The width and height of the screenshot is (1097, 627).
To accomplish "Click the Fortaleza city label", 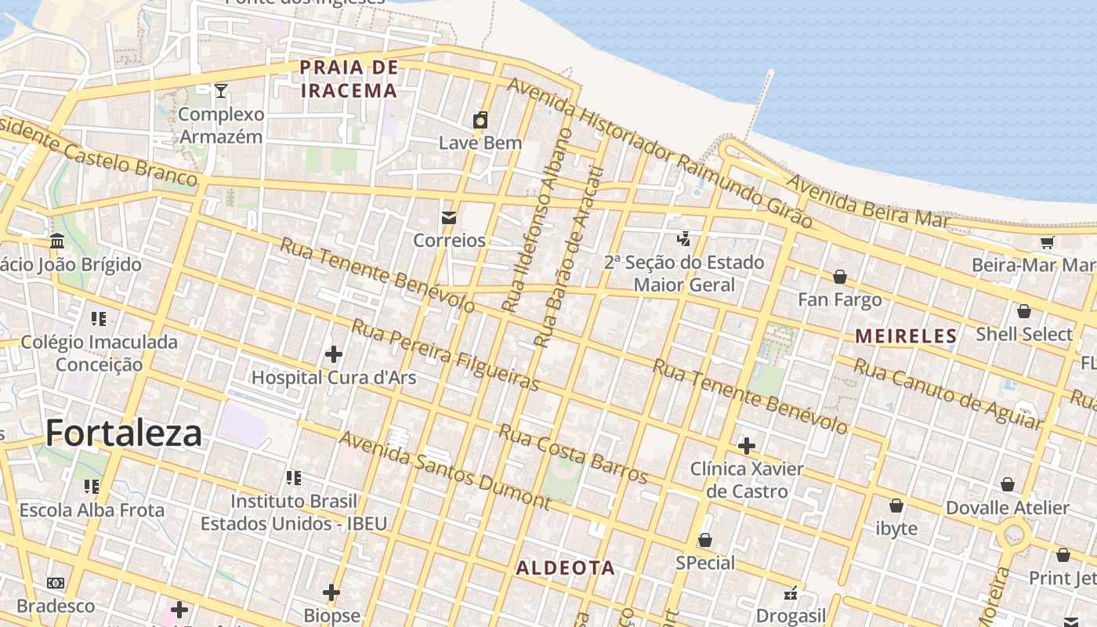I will click(x=124, y=433).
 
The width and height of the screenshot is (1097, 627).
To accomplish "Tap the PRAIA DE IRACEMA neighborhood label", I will click(x=349, y=79).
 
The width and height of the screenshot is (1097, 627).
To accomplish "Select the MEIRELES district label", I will click(x=906, y=336).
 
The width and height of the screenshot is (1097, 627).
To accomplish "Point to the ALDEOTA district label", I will click(x=565, y=568).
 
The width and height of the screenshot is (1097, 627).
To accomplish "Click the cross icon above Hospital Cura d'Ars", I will click(x=334, y=354).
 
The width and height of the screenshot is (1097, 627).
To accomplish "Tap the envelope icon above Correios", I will click(x=449, y=218).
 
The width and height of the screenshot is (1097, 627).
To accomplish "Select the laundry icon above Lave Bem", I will click(x=480, y=120).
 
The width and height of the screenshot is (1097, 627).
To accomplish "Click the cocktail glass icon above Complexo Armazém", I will click(x=221, y=91).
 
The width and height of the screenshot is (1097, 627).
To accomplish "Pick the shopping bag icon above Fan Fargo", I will click(x=840, y=277).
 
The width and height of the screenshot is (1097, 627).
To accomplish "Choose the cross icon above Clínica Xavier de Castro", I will click(x=747, y=446).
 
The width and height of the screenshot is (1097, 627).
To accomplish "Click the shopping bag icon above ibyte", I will click(x=896, y=506).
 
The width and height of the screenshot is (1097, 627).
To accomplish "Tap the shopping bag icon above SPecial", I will click(x=705, y=540).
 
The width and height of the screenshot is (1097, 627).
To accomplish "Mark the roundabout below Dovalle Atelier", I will click(x=1015, y=537).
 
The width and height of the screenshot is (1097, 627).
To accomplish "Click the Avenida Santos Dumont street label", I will click(x=444, y=469).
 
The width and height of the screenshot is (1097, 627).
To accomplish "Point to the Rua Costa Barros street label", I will click(x=574, y=454).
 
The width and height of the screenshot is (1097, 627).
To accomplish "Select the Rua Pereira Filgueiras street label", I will click(x=445, y=355).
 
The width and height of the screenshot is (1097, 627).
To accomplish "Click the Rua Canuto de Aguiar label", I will click(x=947, y=393).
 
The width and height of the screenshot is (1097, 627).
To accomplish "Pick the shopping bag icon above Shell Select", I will click(x=1023, y=311).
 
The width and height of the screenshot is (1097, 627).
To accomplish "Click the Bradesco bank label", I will click(x=56, y=606).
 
